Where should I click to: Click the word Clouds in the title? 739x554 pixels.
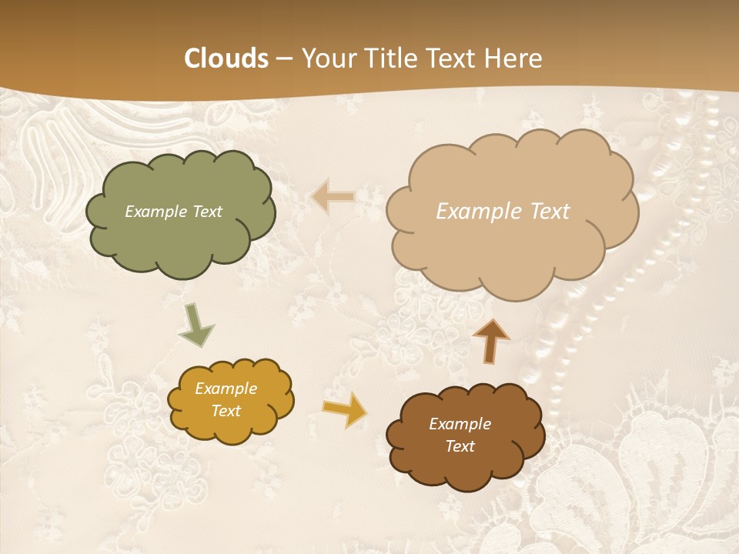click(x=226, y=58)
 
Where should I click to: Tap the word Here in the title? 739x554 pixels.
click(x=514, y=58)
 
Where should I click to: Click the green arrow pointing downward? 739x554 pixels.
click(x=196, y=325)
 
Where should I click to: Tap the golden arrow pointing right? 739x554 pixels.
click(x=345, y=409)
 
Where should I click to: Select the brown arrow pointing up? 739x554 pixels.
click(x=491, y=340)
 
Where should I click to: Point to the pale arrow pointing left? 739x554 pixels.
click(x=333, y=198)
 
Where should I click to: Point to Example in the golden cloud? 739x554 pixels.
click(x=226, y=389)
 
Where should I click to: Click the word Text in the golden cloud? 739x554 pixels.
click(x=226, y=411)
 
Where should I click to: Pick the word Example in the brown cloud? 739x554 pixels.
click(x=460, y=424)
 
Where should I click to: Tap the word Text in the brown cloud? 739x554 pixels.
click(x=460, y=446)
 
